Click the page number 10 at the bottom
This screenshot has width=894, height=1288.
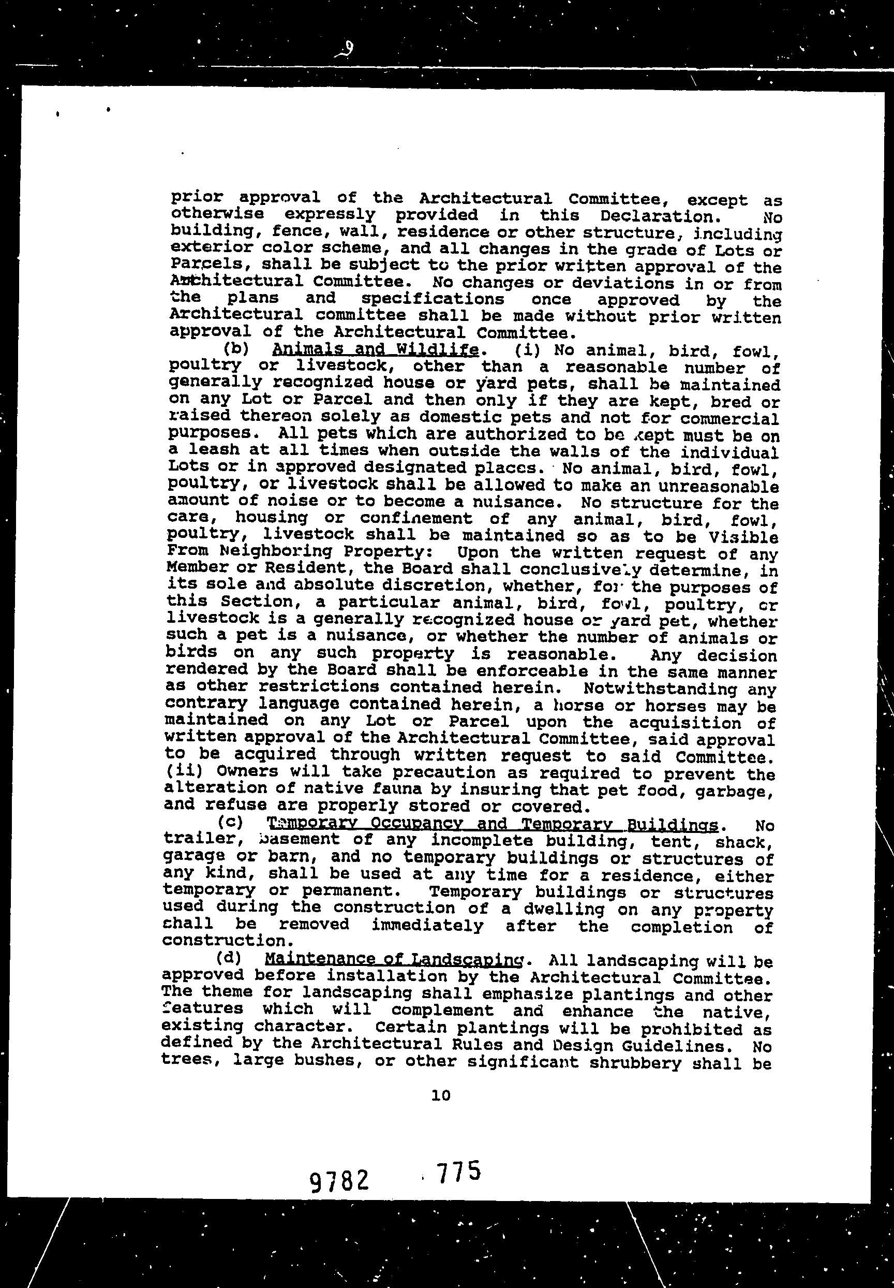441,1094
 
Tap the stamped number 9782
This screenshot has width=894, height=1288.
339,1182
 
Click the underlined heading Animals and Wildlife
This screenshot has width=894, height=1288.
375,350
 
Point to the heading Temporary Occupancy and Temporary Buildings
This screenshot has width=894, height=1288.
492,824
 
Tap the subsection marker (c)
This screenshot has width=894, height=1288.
230,823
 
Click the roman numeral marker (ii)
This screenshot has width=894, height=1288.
183,771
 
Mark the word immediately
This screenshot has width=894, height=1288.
427,924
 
